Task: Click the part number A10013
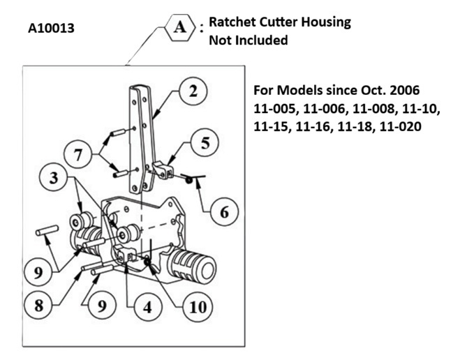tap(51, 29)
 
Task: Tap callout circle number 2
tap(193, 91)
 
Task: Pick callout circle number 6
tap(224, 212)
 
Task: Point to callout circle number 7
tap(77, 155)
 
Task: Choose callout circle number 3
tap(54, 177)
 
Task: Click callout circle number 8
tap(38, 305)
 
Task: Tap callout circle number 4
tap(148, 307)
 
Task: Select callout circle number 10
tap(198, 307)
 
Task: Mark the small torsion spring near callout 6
tap(193, 178)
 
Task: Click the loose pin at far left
tap(47, 231)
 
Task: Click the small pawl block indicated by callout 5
tap(163, 170)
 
